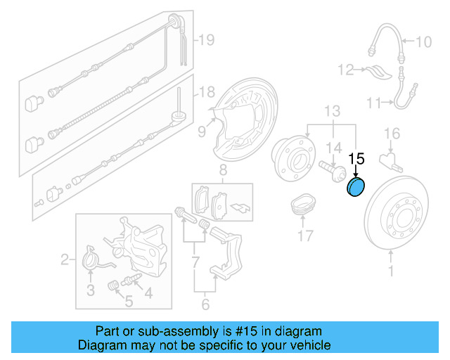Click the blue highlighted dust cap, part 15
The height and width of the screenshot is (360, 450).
357,188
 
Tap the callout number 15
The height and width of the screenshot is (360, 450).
357,158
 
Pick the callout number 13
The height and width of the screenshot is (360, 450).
332,110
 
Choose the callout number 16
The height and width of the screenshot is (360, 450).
392,134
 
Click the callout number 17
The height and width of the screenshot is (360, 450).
304,236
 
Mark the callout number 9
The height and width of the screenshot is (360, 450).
202,129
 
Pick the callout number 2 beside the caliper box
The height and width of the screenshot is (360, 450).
65,261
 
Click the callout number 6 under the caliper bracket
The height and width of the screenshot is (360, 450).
205,304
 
